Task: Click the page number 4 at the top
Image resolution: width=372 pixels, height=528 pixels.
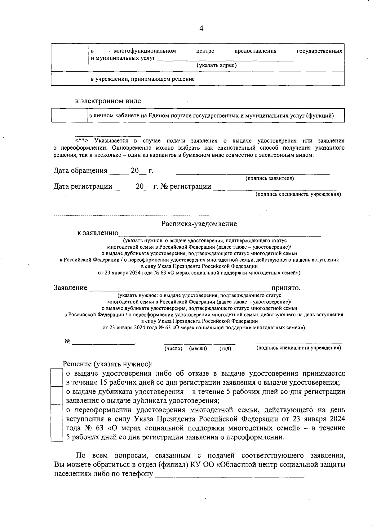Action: coord(201,29)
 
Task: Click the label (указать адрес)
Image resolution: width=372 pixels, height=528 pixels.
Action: coord(217,65)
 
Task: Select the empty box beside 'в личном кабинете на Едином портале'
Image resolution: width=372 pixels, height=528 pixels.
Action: coord(69,116)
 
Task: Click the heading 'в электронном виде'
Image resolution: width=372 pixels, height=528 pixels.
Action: coord(108,101)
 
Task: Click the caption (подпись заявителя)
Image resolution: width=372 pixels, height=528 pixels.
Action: coord(270,178)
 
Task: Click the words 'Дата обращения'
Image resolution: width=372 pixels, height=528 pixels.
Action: coord(80,171)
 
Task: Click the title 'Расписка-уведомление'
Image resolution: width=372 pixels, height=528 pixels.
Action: coord(199,224)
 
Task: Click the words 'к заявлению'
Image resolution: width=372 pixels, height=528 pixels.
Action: coord(98,233)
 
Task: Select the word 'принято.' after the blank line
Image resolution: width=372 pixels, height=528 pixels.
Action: coord(286,288)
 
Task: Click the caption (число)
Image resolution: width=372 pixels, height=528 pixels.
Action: coord(173,349)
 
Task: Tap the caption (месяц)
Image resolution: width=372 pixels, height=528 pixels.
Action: coord(198,349)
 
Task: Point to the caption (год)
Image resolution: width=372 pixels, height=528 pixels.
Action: coord(225,349)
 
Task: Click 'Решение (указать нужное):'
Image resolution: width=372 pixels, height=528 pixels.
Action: coord(108,364)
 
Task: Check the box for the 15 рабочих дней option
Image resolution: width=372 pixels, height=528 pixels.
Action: coord(57,377)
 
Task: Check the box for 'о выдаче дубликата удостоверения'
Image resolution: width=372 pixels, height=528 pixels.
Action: coord(57,396)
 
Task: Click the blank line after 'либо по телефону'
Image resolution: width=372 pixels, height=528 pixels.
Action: coord(229,475)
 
